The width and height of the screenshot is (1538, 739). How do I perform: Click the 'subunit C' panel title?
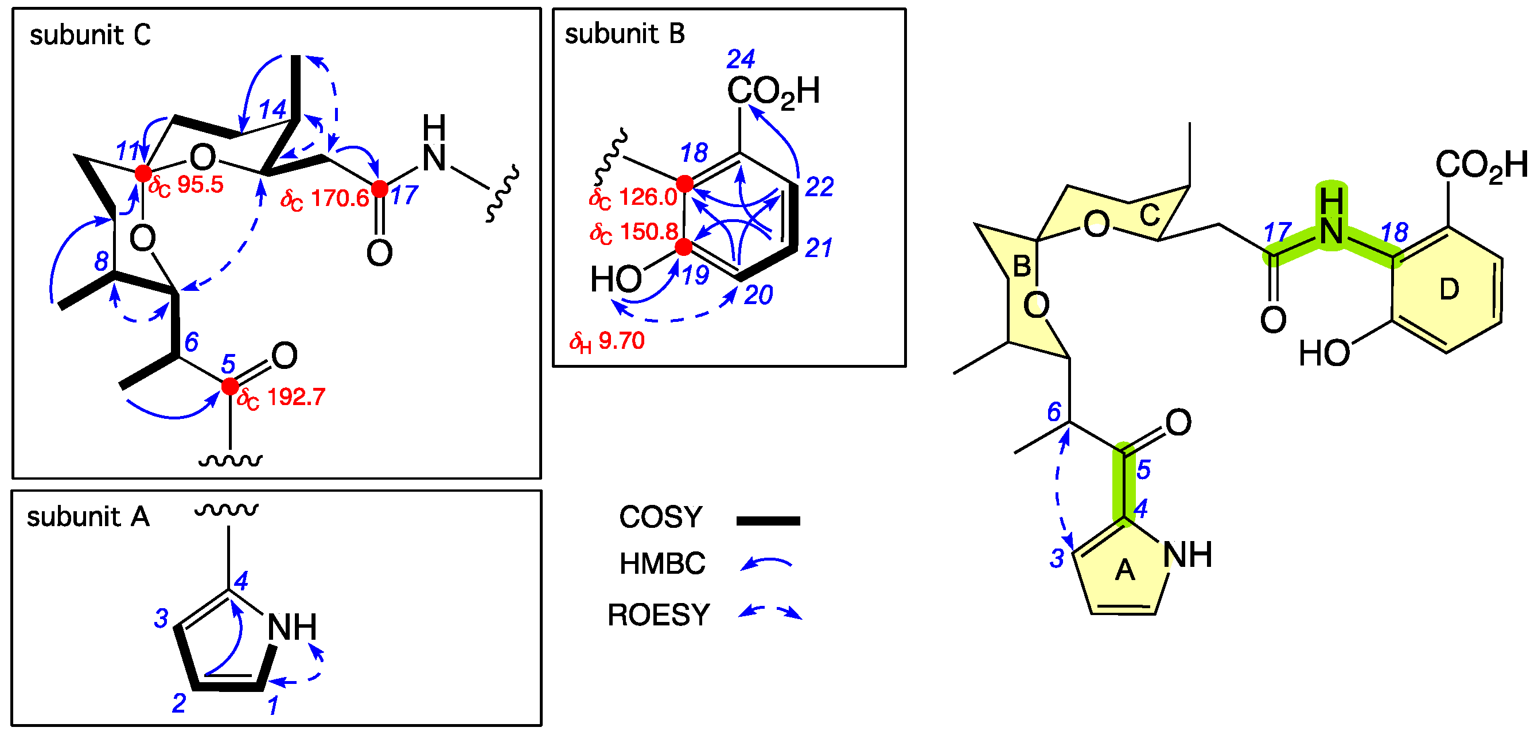point(90,34)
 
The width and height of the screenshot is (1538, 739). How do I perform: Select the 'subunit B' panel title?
point(625,33)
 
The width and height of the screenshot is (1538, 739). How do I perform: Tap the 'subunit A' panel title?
point(88,516)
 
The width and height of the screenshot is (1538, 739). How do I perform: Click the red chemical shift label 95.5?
point(186,185)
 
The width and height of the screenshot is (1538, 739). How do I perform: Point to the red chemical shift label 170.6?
point(325,199)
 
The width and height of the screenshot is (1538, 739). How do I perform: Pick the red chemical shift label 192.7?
point(281,398)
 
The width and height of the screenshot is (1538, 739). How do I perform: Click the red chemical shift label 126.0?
point(633,197)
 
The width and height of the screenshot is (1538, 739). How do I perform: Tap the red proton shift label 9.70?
point(607,341)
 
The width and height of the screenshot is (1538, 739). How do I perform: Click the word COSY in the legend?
point(660,517)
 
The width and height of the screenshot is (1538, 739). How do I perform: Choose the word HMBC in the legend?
point(662,563)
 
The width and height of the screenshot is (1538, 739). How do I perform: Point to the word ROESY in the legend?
point(659,615)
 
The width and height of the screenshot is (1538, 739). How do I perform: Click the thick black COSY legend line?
point(768,520)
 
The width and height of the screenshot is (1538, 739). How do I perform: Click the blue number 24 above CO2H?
point(741,59)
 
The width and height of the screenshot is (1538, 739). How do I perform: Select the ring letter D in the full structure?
point(1449,290)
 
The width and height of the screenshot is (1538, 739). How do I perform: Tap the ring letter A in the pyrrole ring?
point(1125,570)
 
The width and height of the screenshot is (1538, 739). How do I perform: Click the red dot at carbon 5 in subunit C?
point(230,387)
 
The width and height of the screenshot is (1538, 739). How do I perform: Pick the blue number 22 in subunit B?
point(819,188)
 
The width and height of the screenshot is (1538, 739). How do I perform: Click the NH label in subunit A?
point(292,627)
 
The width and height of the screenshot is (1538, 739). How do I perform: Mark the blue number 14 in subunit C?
point(272,110)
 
